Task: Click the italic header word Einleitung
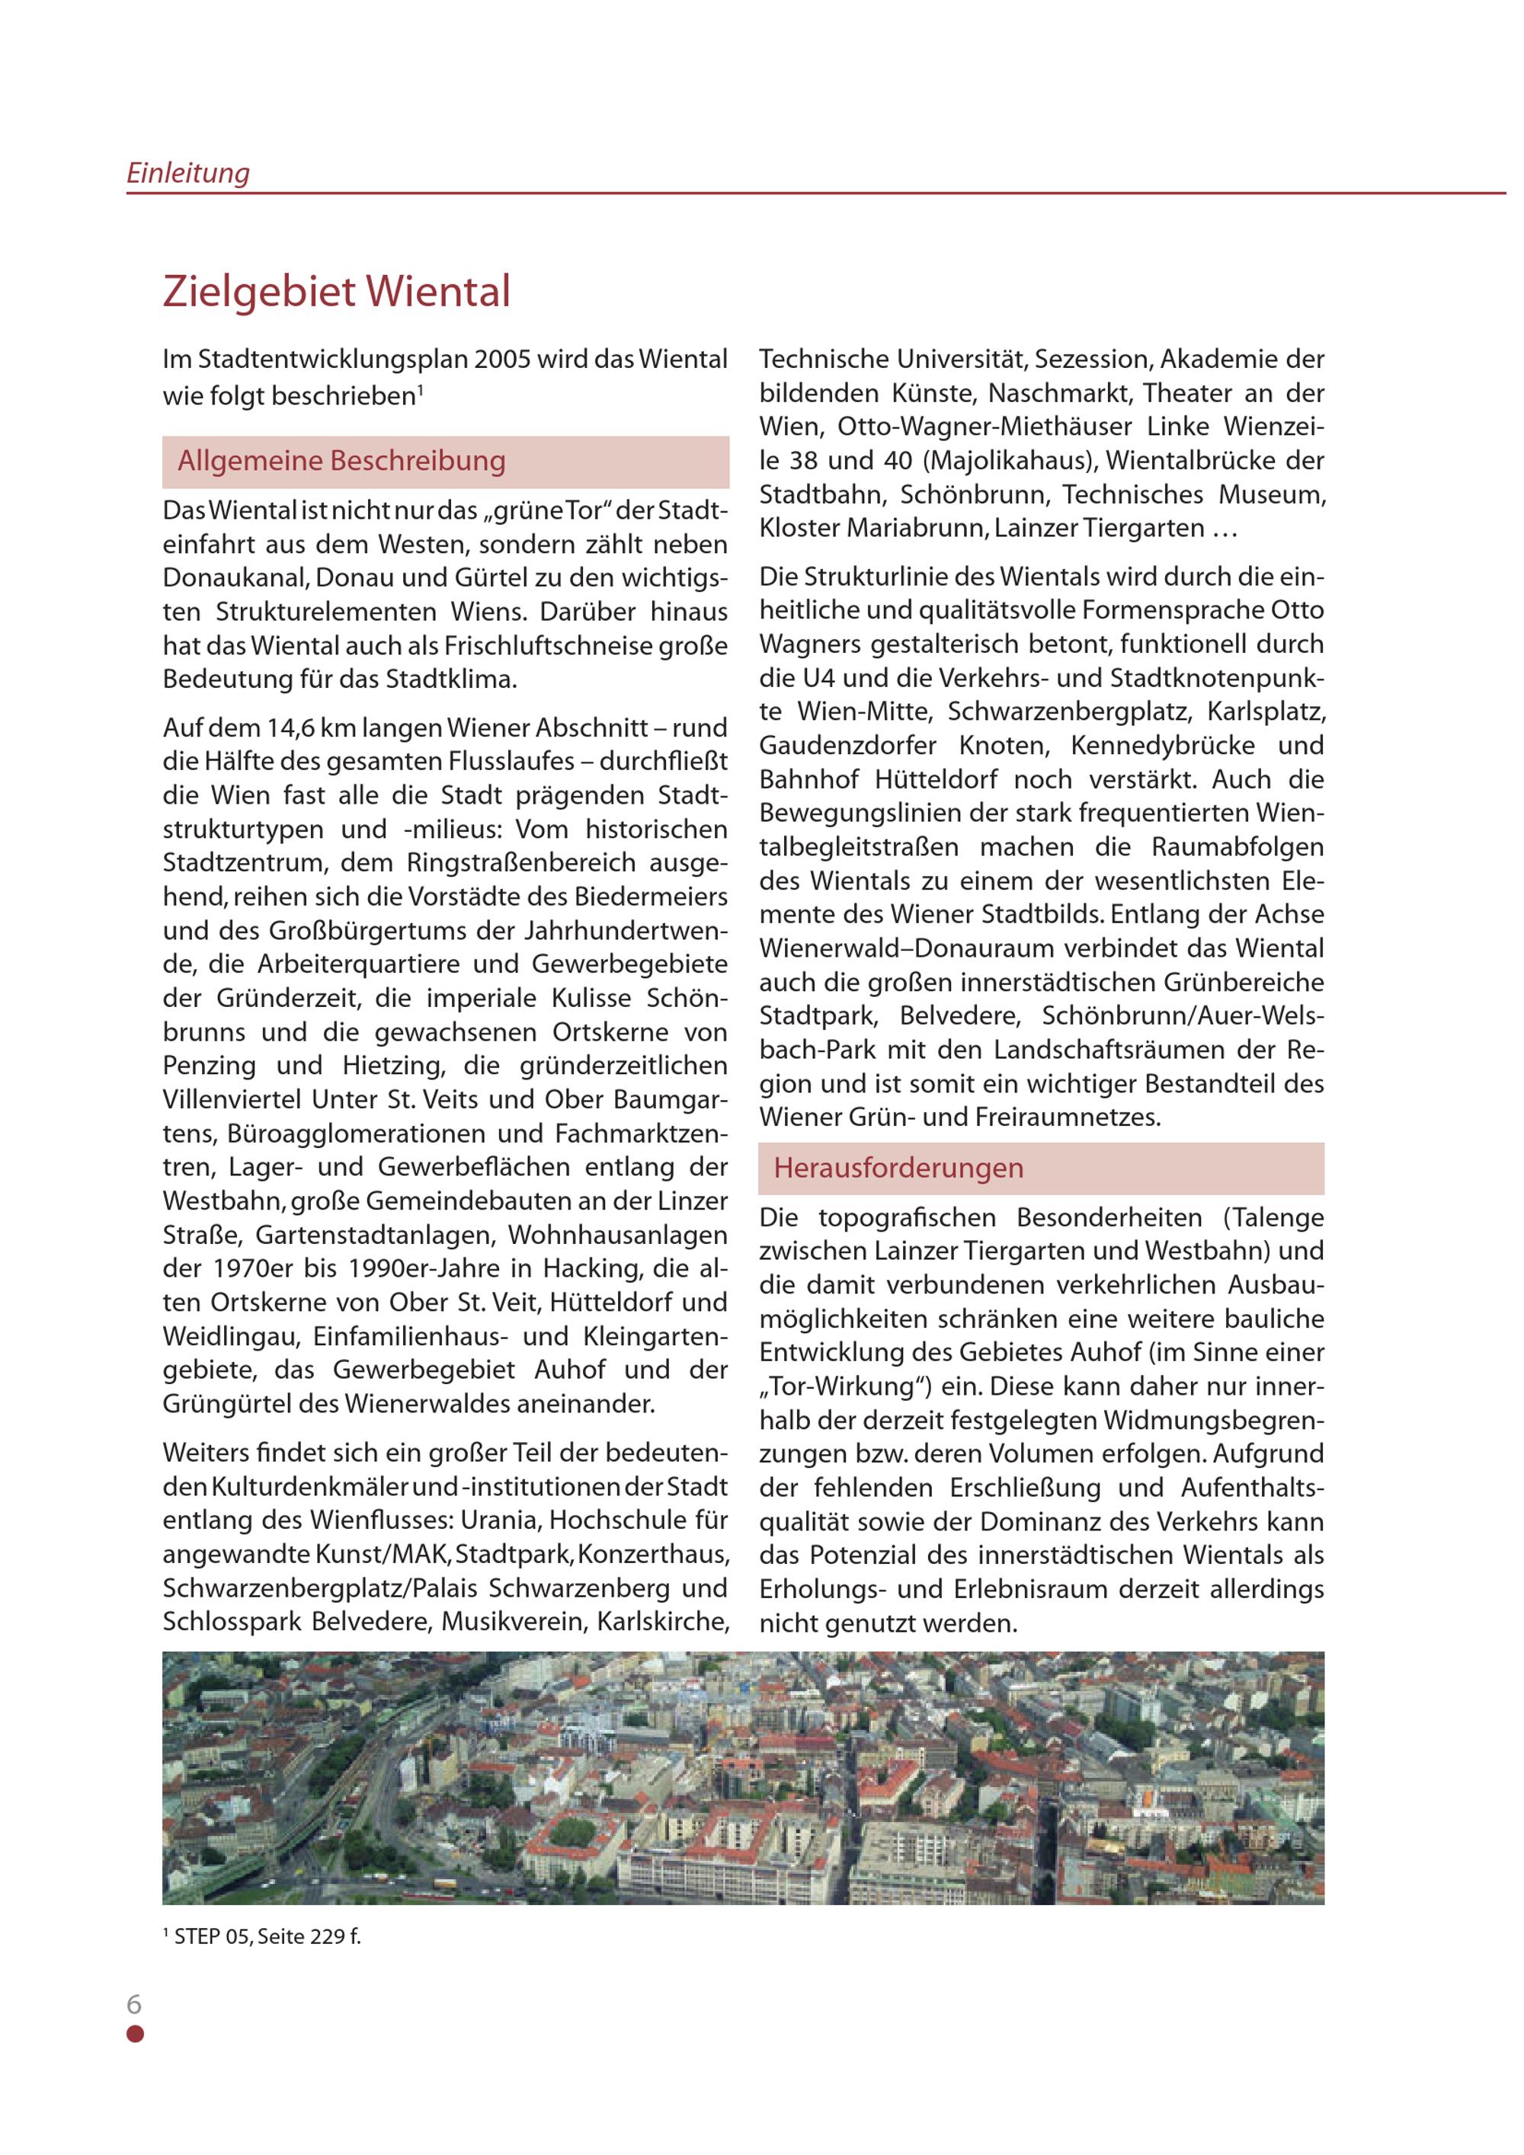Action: pyautogui.click(x=187, y=173)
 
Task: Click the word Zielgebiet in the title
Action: pyautogui.click(x=256, y=291)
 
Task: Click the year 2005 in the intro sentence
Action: pyautogui.click(x=506, y=360)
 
